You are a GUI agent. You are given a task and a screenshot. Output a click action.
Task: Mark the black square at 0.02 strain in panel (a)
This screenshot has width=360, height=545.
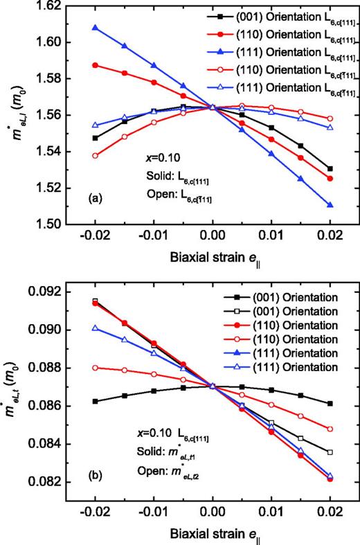(x=330, y=169)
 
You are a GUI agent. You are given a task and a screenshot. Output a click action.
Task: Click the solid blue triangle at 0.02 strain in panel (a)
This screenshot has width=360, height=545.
(x=330, y=205)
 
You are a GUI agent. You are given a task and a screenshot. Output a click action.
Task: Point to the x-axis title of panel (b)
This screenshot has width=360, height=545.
(x=213, y=533)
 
